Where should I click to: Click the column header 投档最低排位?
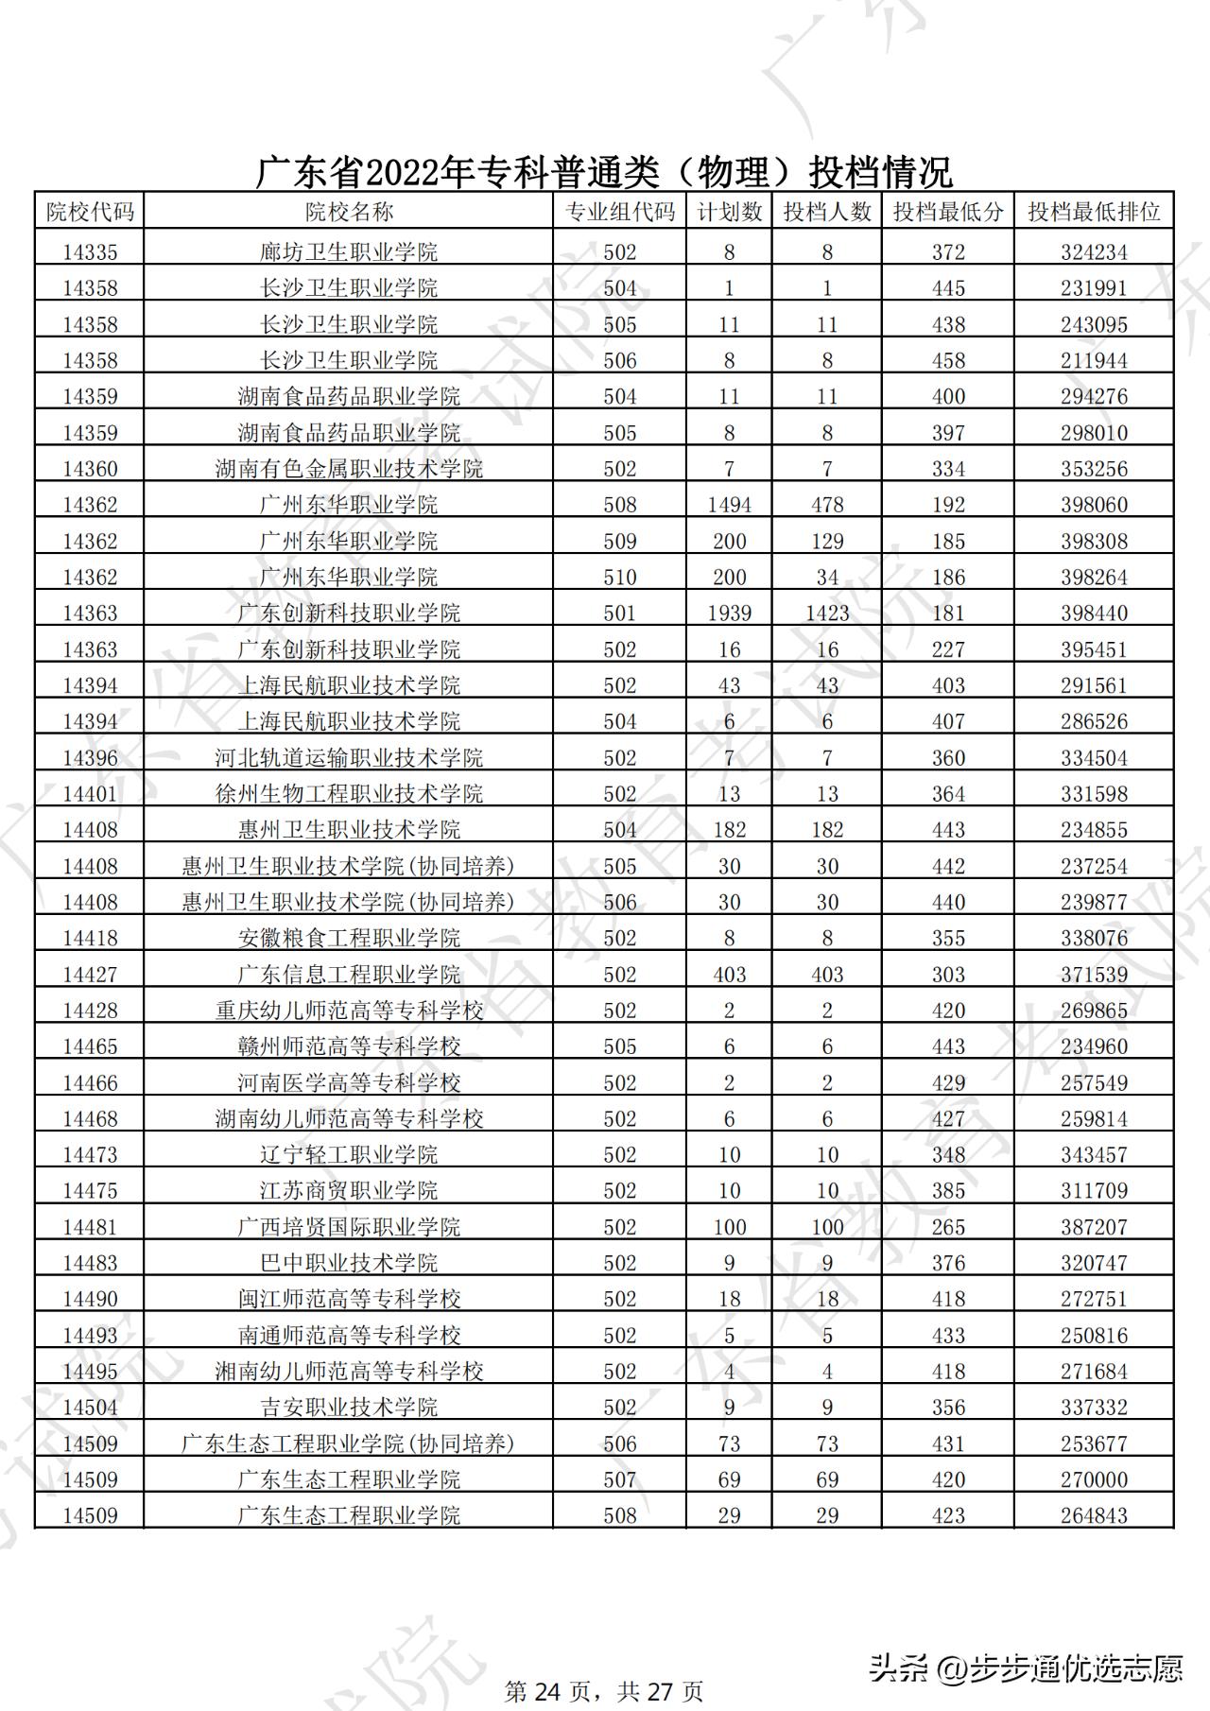[x=1094, y=212]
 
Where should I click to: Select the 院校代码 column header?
[x=90, y=212]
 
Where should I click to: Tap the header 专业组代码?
[x=619, y=212]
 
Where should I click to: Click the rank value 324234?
[x=1094, y=252]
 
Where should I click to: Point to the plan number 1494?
[x=729, y=505]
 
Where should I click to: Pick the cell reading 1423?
[x=827, y=614]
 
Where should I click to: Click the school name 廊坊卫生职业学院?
[x=349, y=252]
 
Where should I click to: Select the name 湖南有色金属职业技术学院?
[x=349, y=469]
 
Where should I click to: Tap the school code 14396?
[x=90, y=758]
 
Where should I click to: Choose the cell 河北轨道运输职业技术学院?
[x=349, y=758]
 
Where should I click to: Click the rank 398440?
[x=1094, y=614]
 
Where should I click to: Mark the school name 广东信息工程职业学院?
[x=349, y=975]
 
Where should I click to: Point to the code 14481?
[x=90, y=1227]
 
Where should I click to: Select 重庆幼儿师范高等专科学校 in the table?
[x=349, y=1011]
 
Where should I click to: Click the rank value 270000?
[x=1094, y=1479]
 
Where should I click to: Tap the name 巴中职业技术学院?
[x=349, y=1263]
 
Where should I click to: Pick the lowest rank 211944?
[x=1094, y=360]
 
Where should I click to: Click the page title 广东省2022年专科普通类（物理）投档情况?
[x=604, y=173]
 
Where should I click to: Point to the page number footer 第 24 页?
[x=548, y=1690]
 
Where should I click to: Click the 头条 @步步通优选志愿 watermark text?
[x=1026, y=1667]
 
